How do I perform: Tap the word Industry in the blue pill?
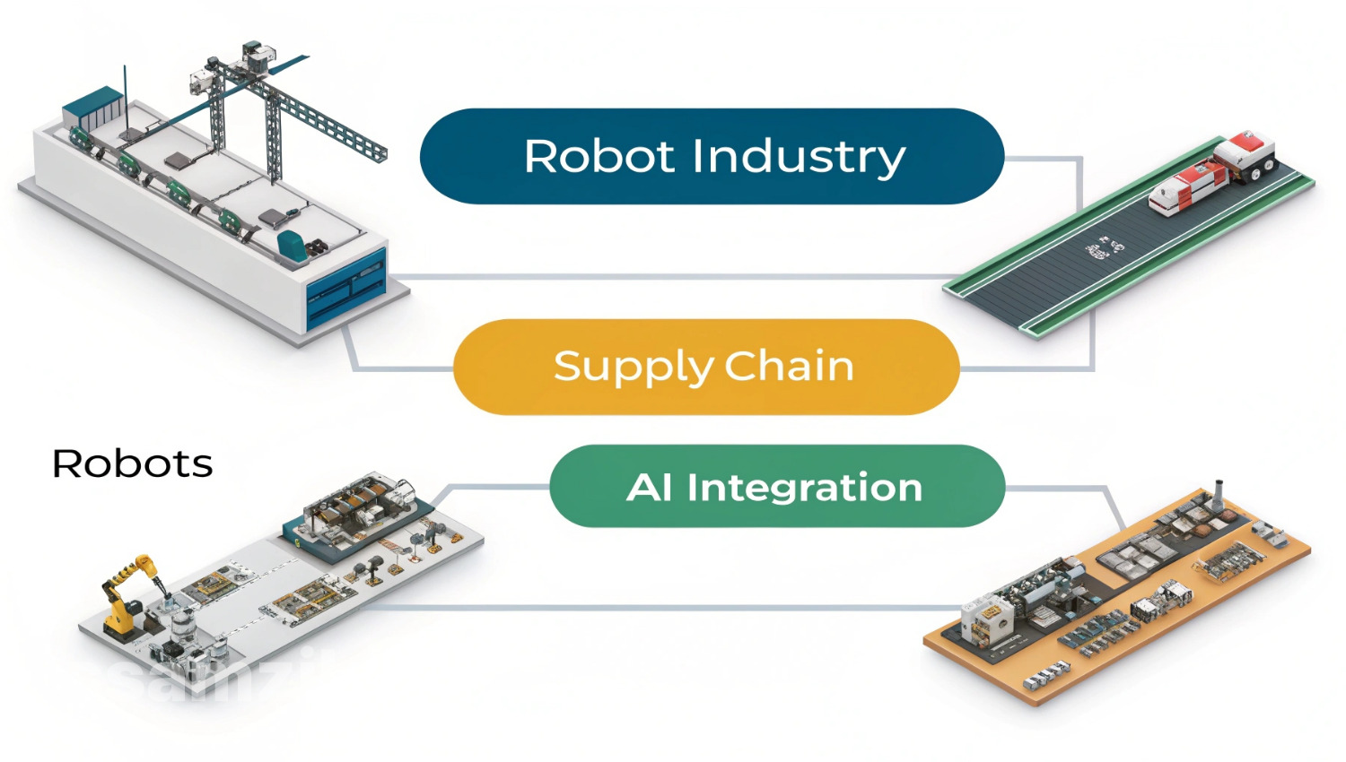[799, 159]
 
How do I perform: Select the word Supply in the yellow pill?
[633, 368]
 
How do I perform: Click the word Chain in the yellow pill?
[789, 366]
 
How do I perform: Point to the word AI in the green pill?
[649, 488]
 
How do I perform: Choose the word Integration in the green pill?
[804, 488]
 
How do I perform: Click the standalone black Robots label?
[133, 464]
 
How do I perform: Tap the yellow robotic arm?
[126, 592]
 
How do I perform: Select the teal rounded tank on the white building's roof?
[291, 243]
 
